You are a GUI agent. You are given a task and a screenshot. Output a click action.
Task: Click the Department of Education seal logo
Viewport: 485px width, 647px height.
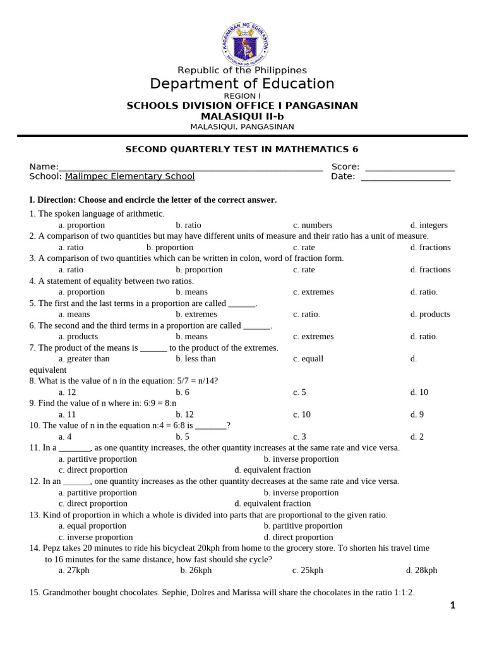tap(245, 42)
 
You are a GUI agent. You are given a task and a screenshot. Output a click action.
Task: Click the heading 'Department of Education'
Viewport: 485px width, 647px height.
tap(242, 84)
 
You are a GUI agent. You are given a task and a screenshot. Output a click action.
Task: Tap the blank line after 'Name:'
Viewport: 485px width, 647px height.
tap(190, 167)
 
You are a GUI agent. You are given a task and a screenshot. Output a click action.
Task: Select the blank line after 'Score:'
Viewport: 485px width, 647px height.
tap(410, 167)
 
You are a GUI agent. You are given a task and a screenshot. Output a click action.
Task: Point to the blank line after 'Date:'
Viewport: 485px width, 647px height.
tap(405, 177)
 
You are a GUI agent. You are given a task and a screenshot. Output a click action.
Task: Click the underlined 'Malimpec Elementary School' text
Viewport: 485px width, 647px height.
tap(129, 176)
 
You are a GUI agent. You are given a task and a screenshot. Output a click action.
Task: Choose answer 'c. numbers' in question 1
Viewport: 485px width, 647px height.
tap(313, 225)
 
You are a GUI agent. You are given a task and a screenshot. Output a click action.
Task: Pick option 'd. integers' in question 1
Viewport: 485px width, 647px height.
tap(429, 225)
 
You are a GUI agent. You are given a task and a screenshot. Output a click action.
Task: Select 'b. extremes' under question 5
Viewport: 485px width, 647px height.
tap(196, 314)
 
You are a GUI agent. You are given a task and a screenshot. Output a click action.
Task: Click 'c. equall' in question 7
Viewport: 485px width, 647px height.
tap(308, 359)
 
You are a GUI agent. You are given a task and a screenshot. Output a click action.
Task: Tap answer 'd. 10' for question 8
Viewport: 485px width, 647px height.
tap(419, 392)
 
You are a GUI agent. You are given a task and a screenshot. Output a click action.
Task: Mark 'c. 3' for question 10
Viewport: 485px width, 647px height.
tap(299, 437)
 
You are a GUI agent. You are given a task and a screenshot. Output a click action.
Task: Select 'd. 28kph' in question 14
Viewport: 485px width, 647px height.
tap(421, 570)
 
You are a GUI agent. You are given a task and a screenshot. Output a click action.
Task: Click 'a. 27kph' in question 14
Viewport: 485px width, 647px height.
tap(74, 570)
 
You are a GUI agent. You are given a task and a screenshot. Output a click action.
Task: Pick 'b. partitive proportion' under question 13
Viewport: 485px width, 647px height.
tap(303, 526)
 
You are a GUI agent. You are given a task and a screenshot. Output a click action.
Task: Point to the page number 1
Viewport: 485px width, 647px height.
tap(452, 605)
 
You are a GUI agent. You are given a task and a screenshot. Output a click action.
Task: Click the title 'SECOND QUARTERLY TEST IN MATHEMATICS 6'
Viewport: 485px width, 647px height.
tap(242, 150)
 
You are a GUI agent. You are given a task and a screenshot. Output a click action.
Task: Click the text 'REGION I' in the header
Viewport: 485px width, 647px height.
tap(242, 96)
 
